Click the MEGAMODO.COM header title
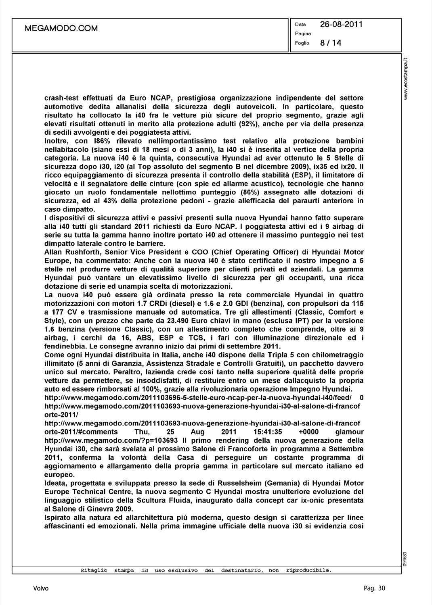click(61, 28)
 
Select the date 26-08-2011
click(341, 24)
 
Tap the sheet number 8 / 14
click(331, 43)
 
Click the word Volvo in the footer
click(41, 588)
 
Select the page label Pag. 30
click(374, 588)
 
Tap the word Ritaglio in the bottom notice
click(94, 570)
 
